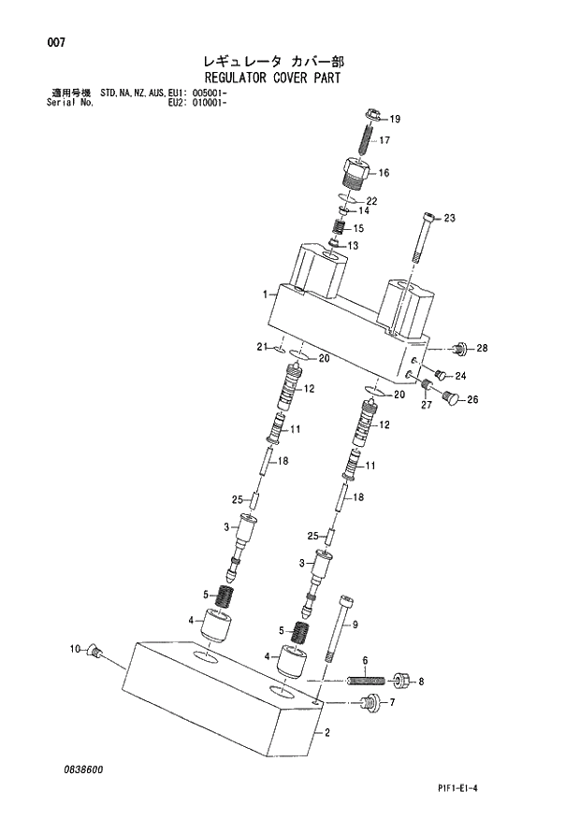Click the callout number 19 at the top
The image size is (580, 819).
(395, 120)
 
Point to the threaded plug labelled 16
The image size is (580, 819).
(356, 175)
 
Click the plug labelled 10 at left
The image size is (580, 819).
(94, 651)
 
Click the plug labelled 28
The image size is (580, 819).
(459, 350)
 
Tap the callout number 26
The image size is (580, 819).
(472, 401)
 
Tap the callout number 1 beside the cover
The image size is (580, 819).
(266, 294)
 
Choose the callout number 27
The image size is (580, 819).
(426, 404)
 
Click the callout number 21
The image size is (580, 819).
(263, 348)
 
